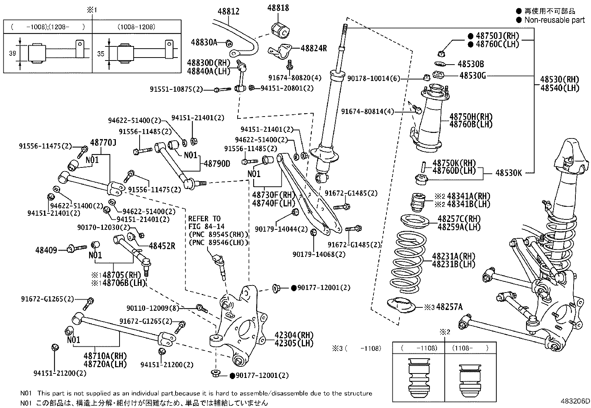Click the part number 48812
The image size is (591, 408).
click(x=228, y=12)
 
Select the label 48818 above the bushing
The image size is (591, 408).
click(x=278, y=8)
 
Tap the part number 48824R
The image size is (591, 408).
click(x=313, y=48)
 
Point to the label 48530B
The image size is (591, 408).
click(x=471, y=64)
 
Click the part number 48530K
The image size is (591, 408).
click(x=509, y=173)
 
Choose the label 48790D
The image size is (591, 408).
click(x=217, y=164)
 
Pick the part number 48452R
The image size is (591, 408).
click(x=162, y=246)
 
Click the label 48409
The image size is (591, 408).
click(x=46, y=250)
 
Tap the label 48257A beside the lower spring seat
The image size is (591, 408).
click(x=450, y=307)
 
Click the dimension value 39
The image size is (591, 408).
click(x=12, y=53)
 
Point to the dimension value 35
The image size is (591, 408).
click(x=101, y=54)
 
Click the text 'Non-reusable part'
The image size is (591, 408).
click(x=554, y=20)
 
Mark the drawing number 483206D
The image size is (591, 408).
click(x=575, y=401)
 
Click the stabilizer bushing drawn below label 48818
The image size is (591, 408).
click(x=280, y=30)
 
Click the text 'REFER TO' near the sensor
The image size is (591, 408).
click(x=204, y=219)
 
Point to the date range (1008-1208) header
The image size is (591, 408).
click(x=137, y=27)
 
